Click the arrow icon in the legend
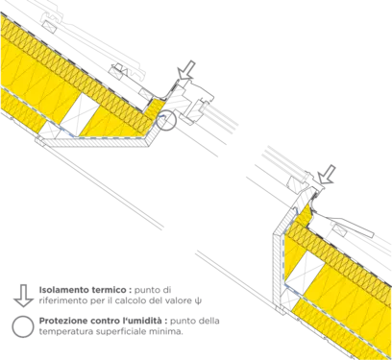[x=23, y=296]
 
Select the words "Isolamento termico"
[x=83, y=290]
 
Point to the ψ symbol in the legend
[x=199, y=301]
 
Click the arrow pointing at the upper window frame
[x=185, y=70]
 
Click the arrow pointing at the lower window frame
[x=327, y=175]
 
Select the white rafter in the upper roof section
[x=79, y=114]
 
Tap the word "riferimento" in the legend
[x=61, y=300]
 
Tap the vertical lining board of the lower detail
[x=279, y=268]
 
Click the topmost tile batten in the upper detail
[x=49, y=27]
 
